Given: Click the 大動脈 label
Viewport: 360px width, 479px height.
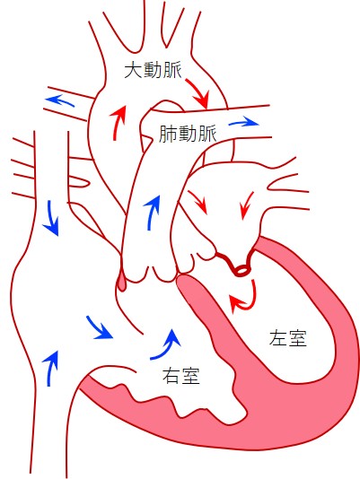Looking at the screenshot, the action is (x=153, y=71).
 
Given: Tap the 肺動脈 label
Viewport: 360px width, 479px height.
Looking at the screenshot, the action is (x=188, y=134).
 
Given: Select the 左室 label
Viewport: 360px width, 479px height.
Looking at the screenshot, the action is (x=288, y=337).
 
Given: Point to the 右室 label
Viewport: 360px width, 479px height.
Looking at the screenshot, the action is (x=181, y=375).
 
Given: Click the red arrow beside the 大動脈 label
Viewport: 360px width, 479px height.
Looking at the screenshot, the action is (x=198, y=92).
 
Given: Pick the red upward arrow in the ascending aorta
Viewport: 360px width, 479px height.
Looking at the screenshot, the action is (x=118, y=123).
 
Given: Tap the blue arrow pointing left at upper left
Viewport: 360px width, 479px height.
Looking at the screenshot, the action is (x=59, y=100).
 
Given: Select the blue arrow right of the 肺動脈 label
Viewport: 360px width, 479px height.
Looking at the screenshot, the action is (x=244, y=123).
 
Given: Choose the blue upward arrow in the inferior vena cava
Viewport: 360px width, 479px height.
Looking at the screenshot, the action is (x=51, y=368).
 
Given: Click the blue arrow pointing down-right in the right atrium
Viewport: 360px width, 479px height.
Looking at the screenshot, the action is (x=99, y=327).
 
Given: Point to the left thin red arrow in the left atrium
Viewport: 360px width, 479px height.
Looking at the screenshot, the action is (x=198, y=202).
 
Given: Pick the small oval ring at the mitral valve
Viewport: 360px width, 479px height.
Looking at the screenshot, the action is (x=241, y=270).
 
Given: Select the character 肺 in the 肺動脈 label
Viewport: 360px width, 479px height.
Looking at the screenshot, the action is (x=168, y=134).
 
